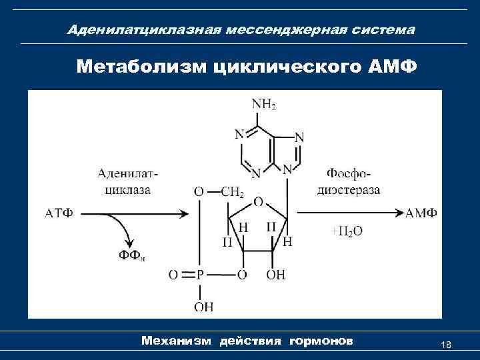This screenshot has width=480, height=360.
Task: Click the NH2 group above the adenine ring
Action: click(x=263, y=104)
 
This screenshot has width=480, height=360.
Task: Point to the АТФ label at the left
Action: click(x=59, y=213)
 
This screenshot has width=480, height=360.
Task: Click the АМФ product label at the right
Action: click(x=421, y=213)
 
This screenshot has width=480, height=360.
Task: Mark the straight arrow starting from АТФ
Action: click(x=133, y=214)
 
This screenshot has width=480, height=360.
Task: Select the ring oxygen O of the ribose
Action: click(x=258, y=201)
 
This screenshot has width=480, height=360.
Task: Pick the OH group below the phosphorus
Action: click(x=203, y=307)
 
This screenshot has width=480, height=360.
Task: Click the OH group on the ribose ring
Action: click(x=276, y=275)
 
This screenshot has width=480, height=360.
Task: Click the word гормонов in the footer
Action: click(x=321, y=341)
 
